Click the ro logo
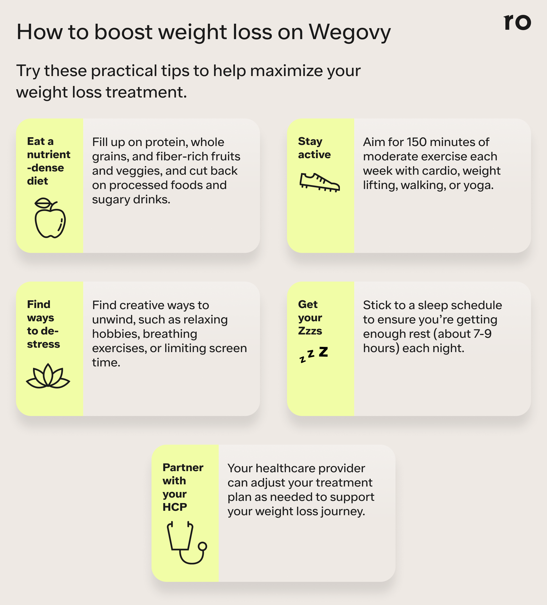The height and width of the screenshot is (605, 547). click(x=517, y=22)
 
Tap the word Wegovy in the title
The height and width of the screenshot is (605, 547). click(x=350, y=33)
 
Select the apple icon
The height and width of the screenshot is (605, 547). click(x=50, y=219)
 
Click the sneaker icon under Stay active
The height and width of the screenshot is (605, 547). click(x=319, y=182)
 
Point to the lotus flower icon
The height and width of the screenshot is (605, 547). click(x=48, y=376)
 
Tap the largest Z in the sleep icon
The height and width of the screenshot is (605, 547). click(x=323, y=352)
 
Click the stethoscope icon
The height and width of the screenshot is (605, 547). click(x=186, y=542)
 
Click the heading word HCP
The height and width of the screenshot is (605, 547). click(x=175, y=507)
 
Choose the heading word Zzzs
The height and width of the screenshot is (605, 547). click(x=310, y=331)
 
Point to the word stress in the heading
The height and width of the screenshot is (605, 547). click(x=44, y=344)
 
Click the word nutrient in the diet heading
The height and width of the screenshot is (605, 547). click(x=48, y=155)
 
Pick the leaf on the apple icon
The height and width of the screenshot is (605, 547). click(x=44, y=203)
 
